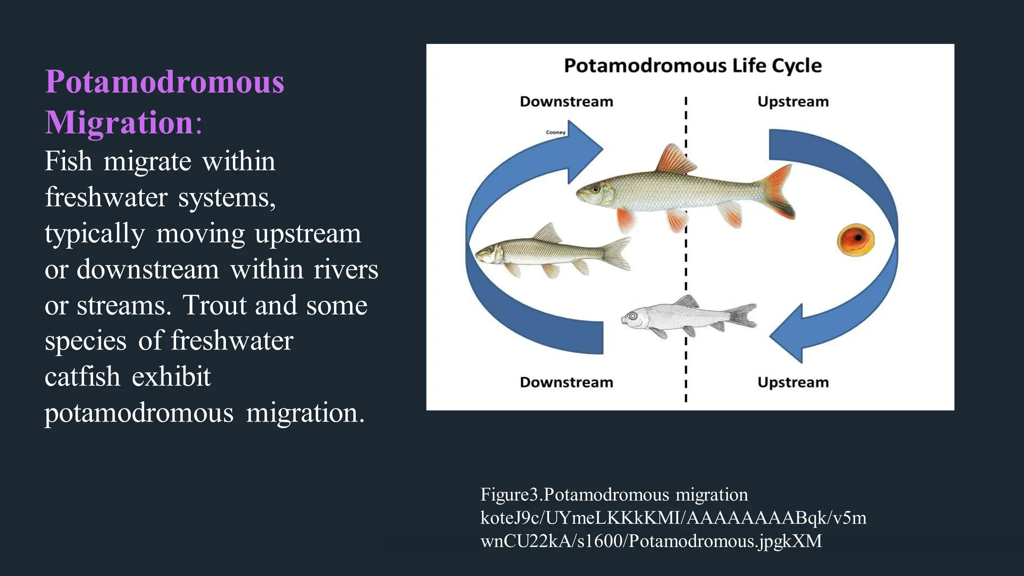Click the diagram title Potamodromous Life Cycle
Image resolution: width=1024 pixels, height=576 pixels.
pyautogui.click(x=692, y=66)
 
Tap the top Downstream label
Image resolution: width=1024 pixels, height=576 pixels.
pyautogui.click(x=566, y=101)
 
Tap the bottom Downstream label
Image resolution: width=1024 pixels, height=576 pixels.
pyautogui.click(x=566, y=382)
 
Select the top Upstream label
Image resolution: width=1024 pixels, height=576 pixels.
pyautogui.click(x=792, y=101)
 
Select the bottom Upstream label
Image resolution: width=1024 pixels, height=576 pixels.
pyautogui.click(x=792, y=382)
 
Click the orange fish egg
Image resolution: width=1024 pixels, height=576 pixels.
pyautogui.click(x=855, y=239)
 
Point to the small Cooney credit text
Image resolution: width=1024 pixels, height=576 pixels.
pyautogui.click(x=555, y=132)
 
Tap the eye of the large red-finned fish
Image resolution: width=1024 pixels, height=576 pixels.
pyautogui.click(x=595, y=189)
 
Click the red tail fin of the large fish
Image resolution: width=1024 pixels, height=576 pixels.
pyautogui.click(x=777, y=192)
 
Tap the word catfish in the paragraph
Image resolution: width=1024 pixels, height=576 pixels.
pyautogui.click(x=82, y=377)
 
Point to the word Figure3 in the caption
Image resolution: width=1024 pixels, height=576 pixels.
pyautogui.click(x=509, y=494)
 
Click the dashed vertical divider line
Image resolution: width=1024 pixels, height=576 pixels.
pyautogui.click(x=685, y=270)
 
